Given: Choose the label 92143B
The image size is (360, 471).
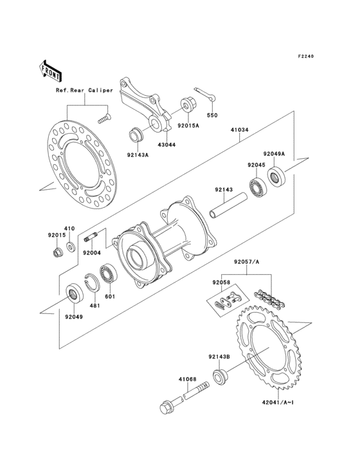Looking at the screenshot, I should pos(219,356).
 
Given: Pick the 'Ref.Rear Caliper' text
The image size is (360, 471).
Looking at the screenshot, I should pos(84,90).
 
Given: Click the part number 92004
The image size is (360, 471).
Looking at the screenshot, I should pos(92,254).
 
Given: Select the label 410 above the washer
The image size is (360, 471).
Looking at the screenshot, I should pos(69,228).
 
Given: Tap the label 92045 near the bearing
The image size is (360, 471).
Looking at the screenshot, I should pos(257,165).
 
